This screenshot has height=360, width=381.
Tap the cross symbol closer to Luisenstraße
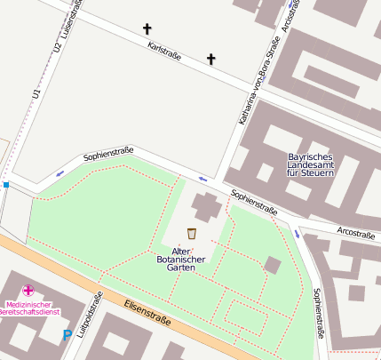tap(147, 29)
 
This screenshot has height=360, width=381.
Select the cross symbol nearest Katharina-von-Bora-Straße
tap(211, 60)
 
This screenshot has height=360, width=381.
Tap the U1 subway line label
tap(36, 92)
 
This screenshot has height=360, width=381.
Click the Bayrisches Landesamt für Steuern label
tap(311, 164)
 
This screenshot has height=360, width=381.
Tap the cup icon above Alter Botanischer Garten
tap(191, 234)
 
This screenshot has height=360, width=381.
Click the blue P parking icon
tap(67, 335)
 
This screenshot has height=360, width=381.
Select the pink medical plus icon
tap(28, 290)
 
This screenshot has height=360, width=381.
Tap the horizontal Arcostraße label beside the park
tap(355, 233)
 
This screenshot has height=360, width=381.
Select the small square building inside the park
tap(273, 265)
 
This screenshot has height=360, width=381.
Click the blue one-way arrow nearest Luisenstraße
tap(60, 172)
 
